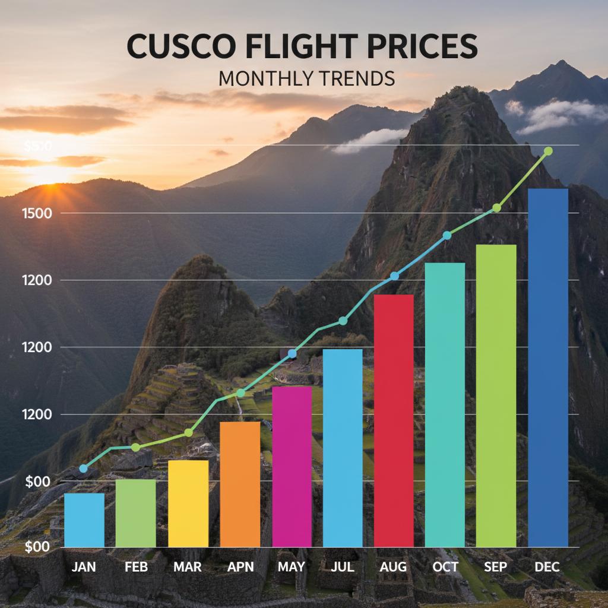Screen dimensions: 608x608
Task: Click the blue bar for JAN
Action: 84,520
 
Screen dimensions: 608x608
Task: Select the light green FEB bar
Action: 135,513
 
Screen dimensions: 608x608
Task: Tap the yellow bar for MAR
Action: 188,503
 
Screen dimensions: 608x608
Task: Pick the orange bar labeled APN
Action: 240,484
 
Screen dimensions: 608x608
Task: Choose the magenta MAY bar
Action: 292,466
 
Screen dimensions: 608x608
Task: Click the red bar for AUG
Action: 394,420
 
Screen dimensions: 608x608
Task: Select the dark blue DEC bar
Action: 548,368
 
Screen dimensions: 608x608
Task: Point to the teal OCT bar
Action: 445,404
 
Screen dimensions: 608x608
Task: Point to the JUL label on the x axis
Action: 343,567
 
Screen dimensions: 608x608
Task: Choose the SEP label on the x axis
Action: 496,567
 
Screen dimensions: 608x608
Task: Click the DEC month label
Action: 547,567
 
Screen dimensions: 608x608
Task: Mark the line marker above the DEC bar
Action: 548,151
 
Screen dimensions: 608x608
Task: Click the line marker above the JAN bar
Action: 84,468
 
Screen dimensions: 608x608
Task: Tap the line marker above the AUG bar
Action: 395,276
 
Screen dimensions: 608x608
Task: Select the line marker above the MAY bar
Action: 292,354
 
